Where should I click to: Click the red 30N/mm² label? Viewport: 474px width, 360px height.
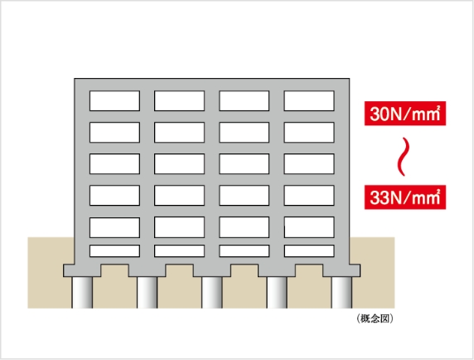tap(405, 114)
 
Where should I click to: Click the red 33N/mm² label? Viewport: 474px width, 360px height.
tap(405, 197)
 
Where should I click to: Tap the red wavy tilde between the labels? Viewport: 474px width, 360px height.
tap(404, 157)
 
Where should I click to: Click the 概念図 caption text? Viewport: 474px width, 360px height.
tap(375, 319)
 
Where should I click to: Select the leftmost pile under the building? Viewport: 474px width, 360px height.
tap(82, 293)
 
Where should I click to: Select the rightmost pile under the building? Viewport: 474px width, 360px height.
tap(341, 293)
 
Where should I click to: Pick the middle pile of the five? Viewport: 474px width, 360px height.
tap(212, 293)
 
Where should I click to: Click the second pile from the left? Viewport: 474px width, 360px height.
tap(147, 293)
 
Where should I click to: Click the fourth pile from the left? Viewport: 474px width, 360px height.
tap(277, 293)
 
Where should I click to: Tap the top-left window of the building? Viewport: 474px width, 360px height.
tap(114, 100)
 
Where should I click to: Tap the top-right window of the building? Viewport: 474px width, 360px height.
tap(309, 100)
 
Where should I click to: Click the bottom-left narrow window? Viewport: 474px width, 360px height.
tap(114, 251)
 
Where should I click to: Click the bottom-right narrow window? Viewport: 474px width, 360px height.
tap(309, 251)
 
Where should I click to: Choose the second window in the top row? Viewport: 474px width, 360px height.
tap(179, 100)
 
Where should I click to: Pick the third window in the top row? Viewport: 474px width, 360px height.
tap(244, 100)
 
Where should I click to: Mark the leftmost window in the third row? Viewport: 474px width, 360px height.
tap(114, 164)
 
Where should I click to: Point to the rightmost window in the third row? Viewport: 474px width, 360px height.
tap(309, 164)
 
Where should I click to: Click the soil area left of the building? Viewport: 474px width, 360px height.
tap(50, 272)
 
